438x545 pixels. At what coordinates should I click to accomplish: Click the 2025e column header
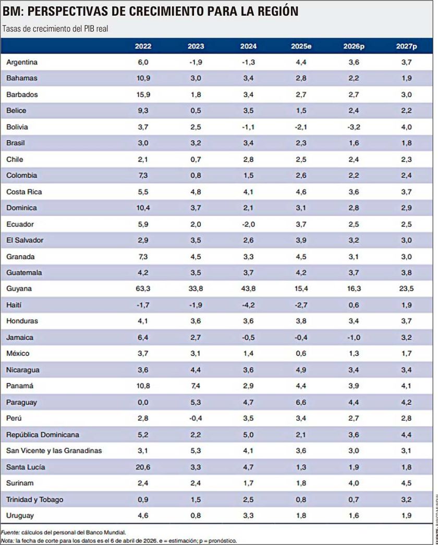[301, 46]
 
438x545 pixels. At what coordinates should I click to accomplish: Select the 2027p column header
[406, 46]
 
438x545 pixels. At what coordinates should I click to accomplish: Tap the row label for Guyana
[19, 289]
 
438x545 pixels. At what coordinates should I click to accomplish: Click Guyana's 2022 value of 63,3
[143, 289]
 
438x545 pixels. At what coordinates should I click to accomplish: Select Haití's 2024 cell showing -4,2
[248, 305]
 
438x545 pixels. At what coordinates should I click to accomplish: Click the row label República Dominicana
[43, 435]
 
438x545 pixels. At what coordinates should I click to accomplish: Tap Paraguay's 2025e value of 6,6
[301, 402]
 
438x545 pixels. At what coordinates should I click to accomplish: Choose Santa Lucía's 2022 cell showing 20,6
[143, 467]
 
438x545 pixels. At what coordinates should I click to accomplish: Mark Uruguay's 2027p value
[406, 515]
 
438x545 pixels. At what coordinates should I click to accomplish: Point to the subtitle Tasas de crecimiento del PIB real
[55, 29]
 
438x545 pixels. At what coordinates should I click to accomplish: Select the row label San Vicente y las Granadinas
[54, 451]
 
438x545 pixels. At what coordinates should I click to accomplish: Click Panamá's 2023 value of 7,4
[196, 386]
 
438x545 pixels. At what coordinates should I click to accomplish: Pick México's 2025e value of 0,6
[301, 353]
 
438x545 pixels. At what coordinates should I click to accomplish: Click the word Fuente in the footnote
[10, 532]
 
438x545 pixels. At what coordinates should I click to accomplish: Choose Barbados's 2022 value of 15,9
[143, 94]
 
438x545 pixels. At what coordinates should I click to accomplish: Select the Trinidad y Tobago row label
[35, 500]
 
